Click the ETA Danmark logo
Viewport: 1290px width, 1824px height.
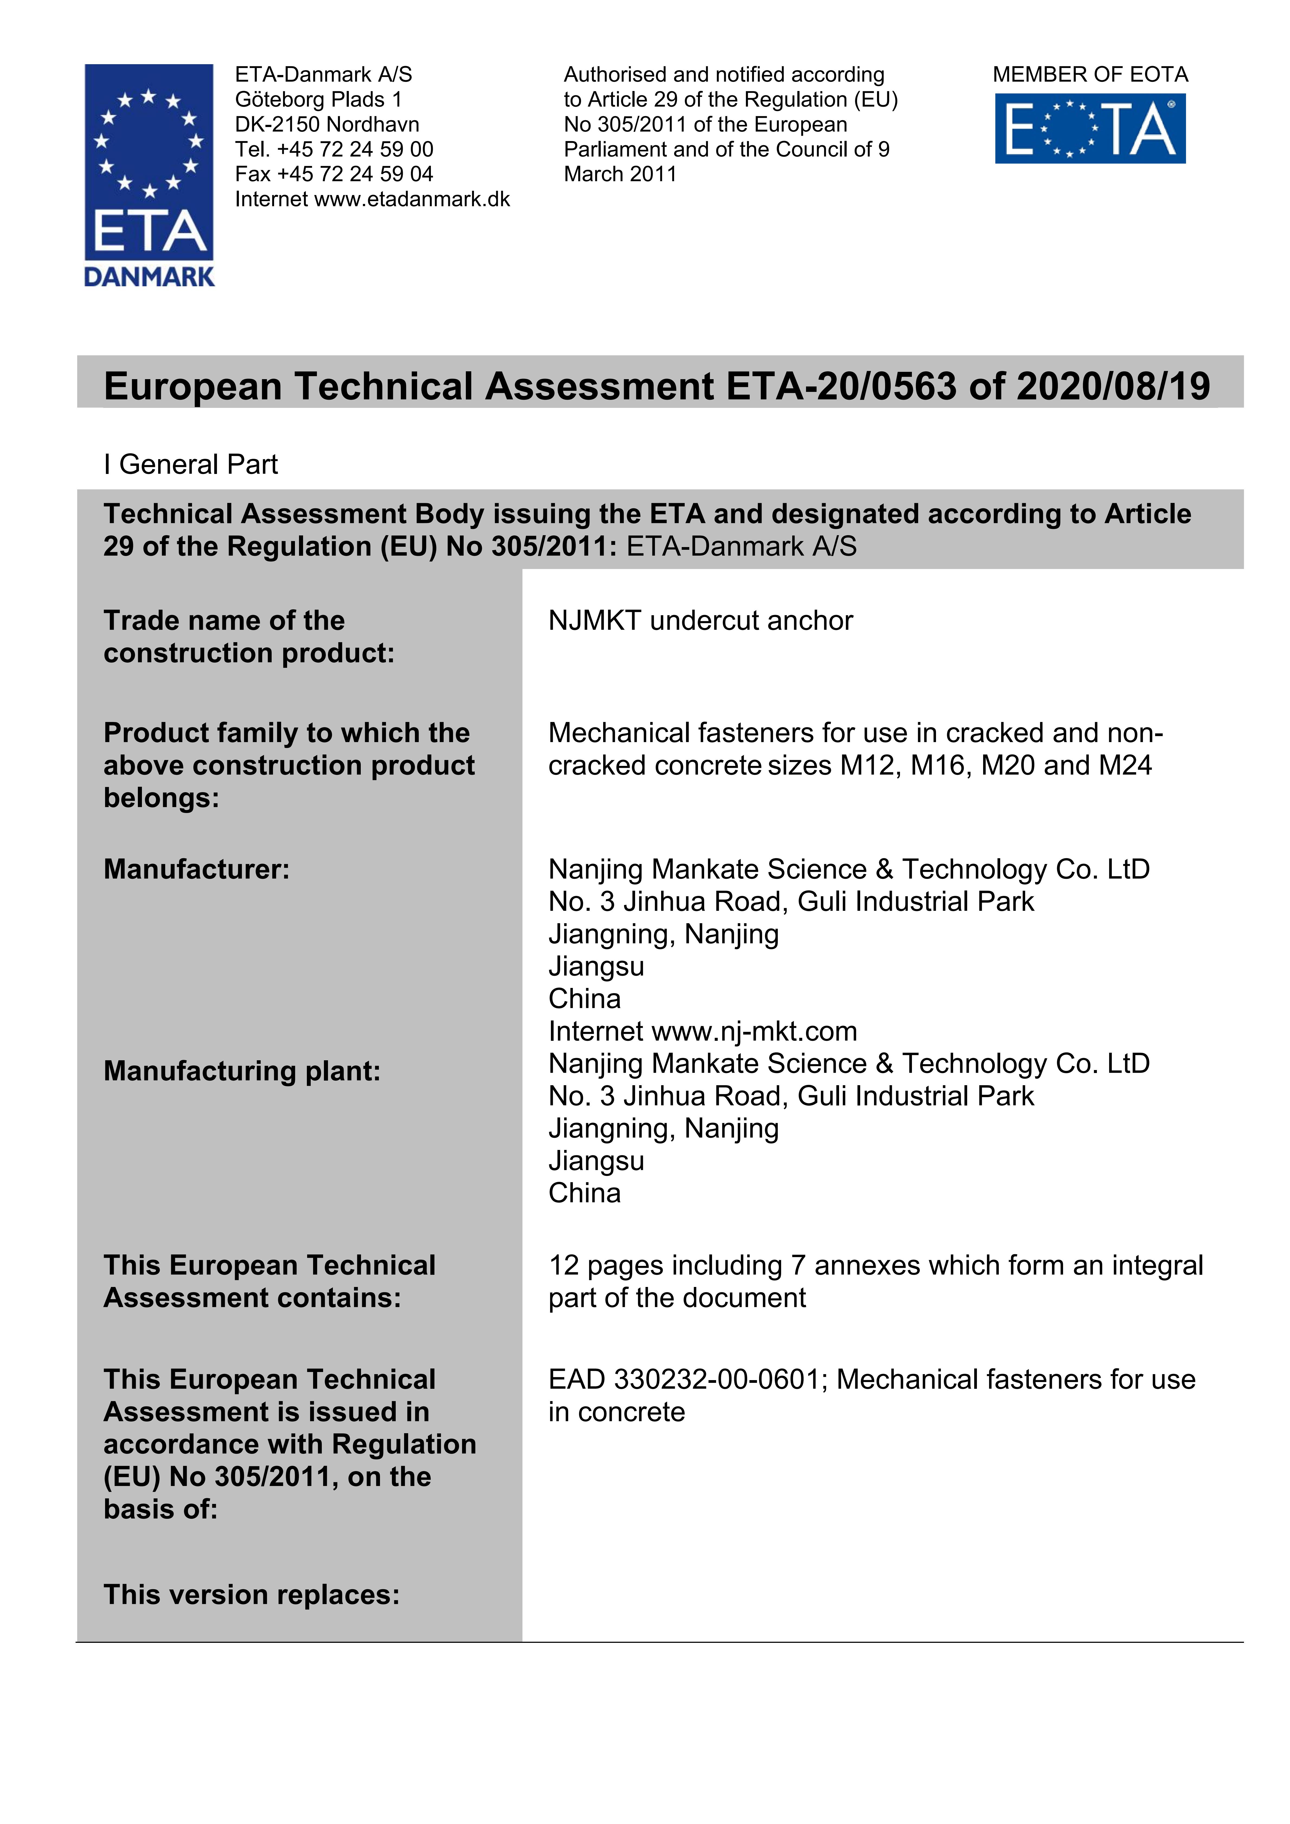click(149, 175)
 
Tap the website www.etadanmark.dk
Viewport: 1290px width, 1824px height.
click(412, 199)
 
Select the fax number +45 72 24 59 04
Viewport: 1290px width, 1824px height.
click(355, 174)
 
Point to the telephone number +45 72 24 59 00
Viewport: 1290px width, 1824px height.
click(355, 149)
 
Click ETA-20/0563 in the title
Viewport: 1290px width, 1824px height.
click(840, 387)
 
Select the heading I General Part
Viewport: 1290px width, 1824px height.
click(191, 465)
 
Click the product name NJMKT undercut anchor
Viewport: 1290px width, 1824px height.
click(700, 620)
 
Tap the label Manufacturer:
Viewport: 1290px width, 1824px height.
click(196, 869)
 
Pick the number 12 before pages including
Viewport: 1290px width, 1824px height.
click(563, 1266)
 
